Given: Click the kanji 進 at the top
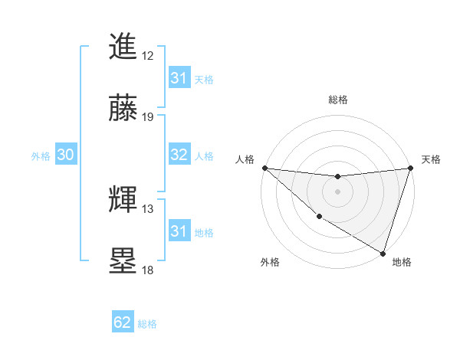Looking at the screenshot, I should (123, 47).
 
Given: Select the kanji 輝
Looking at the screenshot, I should (123, 200).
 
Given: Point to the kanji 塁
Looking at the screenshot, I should (123, 260).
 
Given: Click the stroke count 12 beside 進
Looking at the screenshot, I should (148, 56).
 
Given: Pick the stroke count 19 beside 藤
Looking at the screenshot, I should (148, 117).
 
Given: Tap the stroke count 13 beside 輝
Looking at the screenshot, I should (148, 209).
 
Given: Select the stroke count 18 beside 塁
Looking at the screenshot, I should (148, 270).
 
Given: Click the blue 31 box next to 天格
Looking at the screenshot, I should (179, 78).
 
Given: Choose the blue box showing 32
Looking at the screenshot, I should (179, 155).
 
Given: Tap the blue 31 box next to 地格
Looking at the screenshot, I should (179, 231).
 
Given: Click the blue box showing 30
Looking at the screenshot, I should (66, 155).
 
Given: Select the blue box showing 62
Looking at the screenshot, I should (123, 322).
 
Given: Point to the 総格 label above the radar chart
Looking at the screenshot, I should (337, 100).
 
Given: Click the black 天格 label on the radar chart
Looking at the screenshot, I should (431, 159).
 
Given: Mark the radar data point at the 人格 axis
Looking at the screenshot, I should (264, 168).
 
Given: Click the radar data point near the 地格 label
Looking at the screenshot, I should (383, 253).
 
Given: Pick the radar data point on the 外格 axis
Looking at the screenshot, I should (318, 217).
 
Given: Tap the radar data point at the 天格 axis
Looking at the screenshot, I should (410, 168).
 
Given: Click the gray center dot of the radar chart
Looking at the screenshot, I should (337, 191).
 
